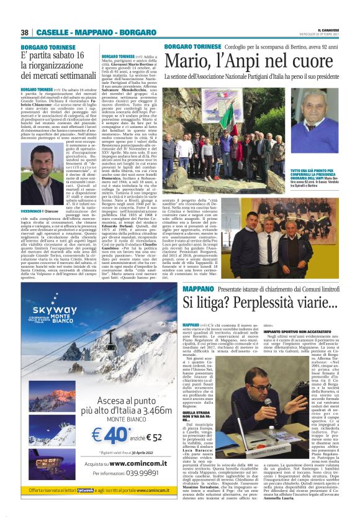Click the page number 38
coord(25,32)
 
